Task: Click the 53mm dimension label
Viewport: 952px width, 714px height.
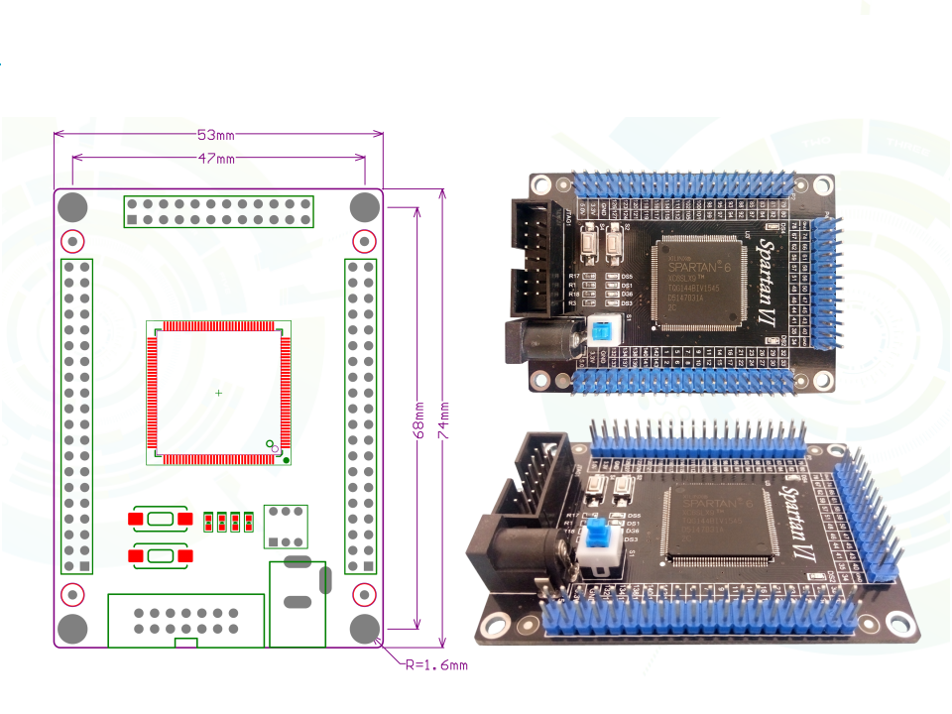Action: coord(215,134)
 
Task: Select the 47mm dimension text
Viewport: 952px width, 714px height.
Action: coord(215,158)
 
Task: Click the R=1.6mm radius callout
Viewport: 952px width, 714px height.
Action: coord(435,664)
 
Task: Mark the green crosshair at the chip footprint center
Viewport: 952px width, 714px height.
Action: coord(218,394)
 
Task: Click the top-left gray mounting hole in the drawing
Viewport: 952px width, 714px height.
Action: coord(72,206)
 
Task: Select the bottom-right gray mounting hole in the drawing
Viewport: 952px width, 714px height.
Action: coord(365,629)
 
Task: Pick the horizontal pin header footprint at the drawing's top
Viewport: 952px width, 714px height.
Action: coord(218,211)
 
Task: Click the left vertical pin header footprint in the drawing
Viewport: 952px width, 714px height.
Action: coord(76,416)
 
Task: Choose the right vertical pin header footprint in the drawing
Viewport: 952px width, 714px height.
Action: coord(360,416)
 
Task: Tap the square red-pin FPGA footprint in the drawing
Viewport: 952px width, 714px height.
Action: coord(218,393)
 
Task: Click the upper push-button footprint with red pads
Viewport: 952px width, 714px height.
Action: coord(159,519)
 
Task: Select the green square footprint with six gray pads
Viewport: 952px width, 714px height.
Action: coord(286,527)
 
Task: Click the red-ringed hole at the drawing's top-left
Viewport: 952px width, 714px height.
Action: coord(72,241)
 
